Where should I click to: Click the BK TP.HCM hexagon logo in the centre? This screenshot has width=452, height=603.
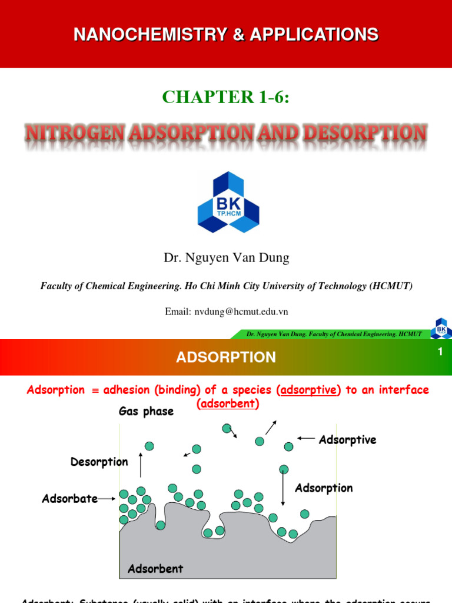228,202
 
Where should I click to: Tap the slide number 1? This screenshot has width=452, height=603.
439,352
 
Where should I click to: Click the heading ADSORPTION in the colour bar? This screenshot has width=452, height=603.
226,357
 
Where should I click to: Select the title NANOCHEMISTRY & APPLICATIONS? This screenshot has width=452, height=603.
226,35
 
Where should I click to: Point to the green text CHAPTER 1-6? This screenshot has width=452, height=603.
226,97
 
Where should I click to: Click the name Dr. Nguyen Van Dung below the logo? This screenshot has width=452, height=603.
226,257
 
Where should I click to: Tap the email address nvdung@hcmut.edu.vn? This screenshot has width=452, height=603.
226,312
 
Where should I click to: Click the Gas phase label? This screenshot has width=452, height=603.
146,412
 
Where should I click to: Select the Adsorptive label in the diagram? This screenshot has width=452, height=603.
347,440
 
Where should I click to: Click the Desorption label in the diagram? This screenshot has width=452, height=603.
99,462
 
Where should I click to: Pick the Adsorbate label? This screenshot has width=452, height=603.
69,499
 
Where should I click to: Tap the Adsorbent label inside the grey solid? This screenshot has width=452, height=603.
155,568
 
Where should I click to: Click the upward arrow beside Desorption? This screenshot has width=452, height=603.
141,465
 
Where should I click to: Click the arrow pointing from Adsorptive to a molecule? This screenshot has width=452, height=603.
306,438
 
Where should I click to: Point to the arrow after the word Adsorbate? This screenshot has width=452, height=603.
107,499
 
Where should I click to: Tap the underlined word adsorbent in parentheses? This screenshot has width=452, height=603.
227,404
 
